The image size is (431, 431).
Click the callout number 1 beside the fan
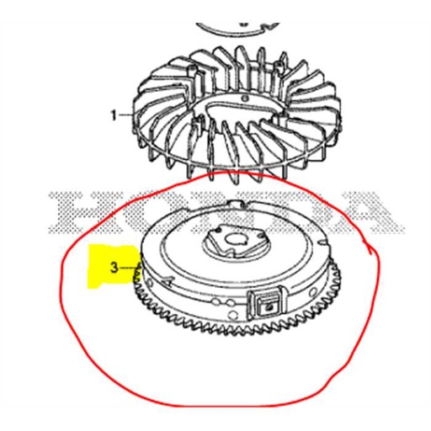[x=114, y=114]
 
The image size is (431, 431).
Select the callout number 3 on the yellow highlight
[x=114, y=269]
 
